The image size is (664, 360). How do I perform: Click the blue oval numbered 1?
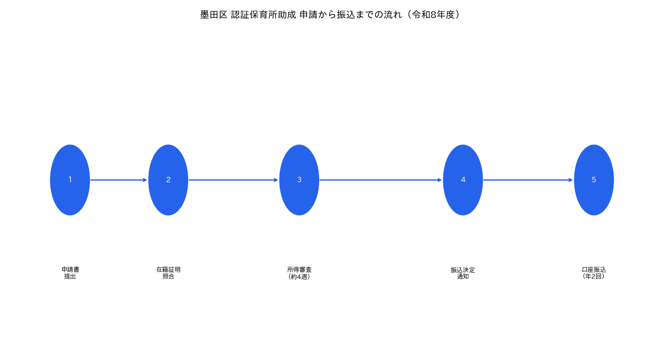[x=70, y=180]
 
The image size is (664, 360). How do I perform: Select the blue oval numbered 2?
[x=168, y=180]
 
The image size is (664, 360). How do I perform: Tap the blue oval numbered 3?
[x=299, y=180]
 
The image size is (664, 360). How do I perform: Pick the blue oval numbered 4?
[x=463, y=180]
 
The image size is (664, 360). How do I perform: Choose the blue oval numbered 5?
[x=594, y=180]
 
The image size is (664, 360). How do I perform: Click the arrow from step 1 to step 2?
[x=119, y=180]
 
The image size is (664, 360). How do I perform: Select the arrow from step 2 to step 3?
[x=233, y=180]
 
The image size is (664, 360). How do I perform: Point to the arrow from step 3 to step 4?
[x=380, y=180]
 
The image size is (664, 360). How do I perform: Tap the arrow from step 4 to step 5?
[x=528, y=180]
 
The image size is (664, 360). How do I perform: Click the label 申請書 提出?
[x=70, y=273]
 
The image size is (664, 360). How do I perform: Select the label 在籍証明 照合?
[x=168, y=273]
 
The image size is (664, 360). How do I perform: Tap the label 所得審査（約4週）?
[x=299, y=273]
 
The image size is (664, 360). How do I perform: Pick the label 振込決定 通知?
[x=463, y=273]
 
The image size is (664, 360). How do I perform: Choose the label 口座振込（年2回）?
[x=594, y=273]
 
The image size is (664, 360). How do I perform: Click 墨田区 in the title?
[x=214, y=14]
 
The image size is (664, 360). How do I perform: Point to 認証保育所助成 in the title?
[x=263, y=14]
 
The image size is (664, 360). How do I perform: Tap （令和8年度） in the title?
[x=433, y=14]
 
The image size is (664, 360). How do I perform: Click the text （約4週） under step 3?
[x=299, y=277]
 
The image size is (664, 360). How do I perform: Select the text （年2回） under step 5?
[x=594, y=276]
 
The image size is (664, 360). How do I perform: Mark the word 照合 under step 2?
[x=168, y=276]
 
